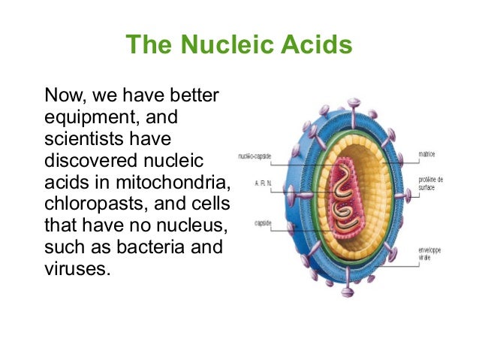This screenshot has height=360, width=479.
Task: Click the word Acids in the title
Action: pos(318,45)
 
